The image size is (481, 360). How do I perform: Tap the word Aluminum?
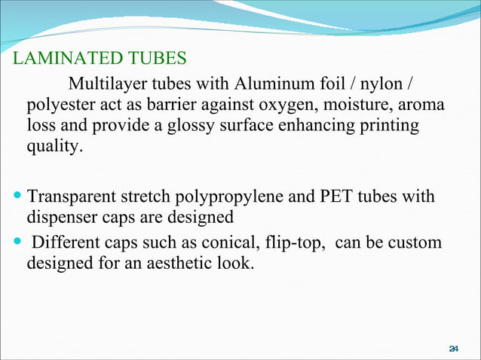(x=271, y=81)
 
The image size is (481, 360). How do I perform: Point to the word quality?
(x=52, y=147)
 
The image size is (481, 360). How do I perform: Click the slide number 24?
(x=454, y=348)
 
